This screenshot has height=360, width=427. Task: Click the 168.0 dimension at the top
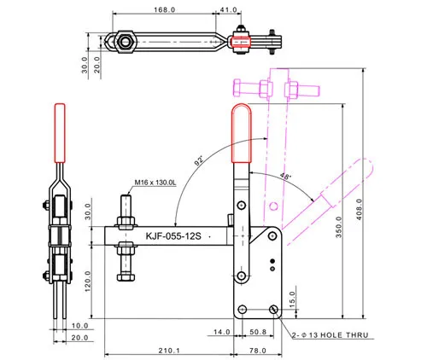tap(164, 9)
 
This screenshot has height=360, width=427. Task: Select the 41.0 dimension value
tap(228, 9)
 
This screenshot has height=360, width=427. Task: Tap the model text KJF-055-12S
tap(173, 236)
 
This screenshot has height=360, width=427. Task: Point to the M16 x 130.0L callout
tap(155, 183)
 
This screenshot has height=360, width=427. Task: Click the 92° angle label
tap(199, 160)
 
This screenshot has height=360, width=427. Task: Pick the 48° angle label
tap(285, 176)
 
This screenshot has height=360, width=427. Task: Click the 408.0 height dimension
tap(359, 209)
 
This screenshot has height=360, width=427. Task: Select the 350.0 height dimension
tap(339, 227)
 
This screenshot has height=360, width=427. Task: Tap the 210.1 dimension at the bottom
tap(169, 351)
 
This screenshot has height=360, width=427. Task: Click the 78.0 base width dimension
tap(258, 351)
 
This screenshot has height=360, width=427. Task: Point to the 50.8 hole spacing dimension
tap(258, 332)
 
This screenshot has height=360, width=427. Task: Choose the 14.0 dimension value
tap(222, 332)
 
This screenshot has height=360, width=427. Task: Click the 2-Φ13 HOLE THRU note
tap(330, 335)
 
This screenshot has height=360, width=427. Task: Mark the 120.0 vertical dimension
tap(88, 282)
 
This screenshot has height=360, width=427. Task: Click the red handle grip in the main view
tap(242, 133)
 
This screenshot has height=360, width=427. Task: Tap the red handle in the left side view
tap(60, 133)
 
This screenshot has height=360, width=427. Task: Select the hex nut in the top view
tap(125, 42)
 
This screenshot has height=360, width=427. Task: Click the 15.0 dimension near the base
tap(292, 299)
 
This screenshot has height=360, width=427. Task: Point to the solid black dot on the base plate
tap(272, 261)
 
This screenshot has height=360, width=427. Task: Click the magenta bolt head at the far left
tap(237, 87)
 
